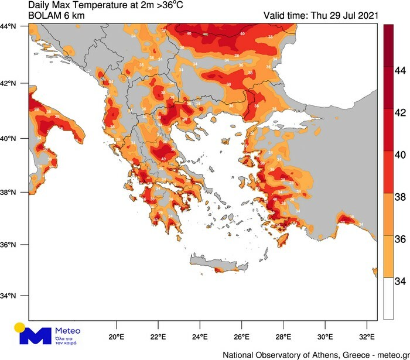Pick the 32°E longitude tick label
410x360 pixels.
[367, 337]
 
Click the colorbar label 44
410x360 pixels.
[400, 70]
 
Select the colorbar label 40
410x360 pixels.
[400, 155]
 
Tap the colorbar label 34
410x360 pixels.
[400, 282]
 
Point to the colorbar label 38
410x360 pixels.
[400, 197]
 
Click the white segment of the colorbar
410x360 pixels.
[388, 298]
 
